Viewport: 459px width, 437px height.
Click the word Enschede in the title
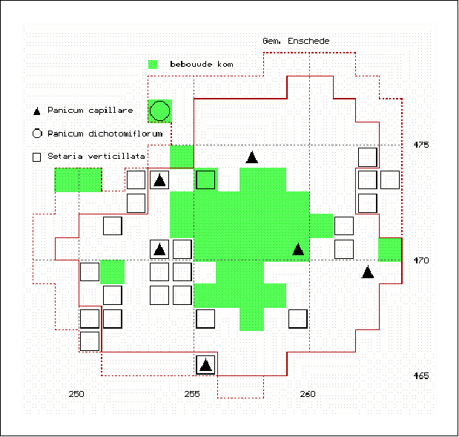click(x=308, y=41)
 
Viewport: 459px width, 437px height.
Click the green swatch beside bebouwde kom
click(x=153, y=65)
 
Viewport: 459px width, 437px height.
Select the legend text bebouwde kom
click(x=202, y=64)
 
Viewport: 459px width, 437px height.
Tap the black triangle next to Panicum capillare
click(x=36, y=111)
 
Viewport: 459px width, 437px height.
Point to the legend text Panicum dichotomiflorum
click(x=105, y=134)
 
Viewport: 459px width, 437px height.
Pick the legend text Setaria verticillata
click(x=96, y=156)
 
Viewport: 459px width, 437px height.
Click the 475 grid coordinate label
click(x=421, y=145)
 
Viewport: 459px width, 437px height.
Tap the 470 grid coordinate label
click(x=421, y=260)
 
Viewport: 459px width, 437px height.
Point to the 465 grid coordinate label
click(x=421, y=375)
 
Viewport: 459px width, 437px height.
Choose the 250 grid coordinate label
click(x=76, y=394)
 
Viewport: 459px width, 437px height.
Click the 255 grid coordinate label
click(x=192, y=394)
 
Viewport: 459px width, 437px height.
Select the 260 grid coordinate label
click(x=308, y=394)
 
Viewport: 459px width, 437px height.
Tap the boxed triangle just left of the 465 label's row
click(x=205, y=365)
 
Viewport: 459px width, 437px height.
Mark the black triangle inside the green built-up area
click(x=298, y=249)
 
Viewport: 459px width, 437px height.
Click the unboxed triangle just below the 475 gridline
click(x=252, y=157)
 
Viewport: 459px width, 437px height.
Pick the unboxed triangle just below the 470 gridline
click(x=368, y=272)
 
